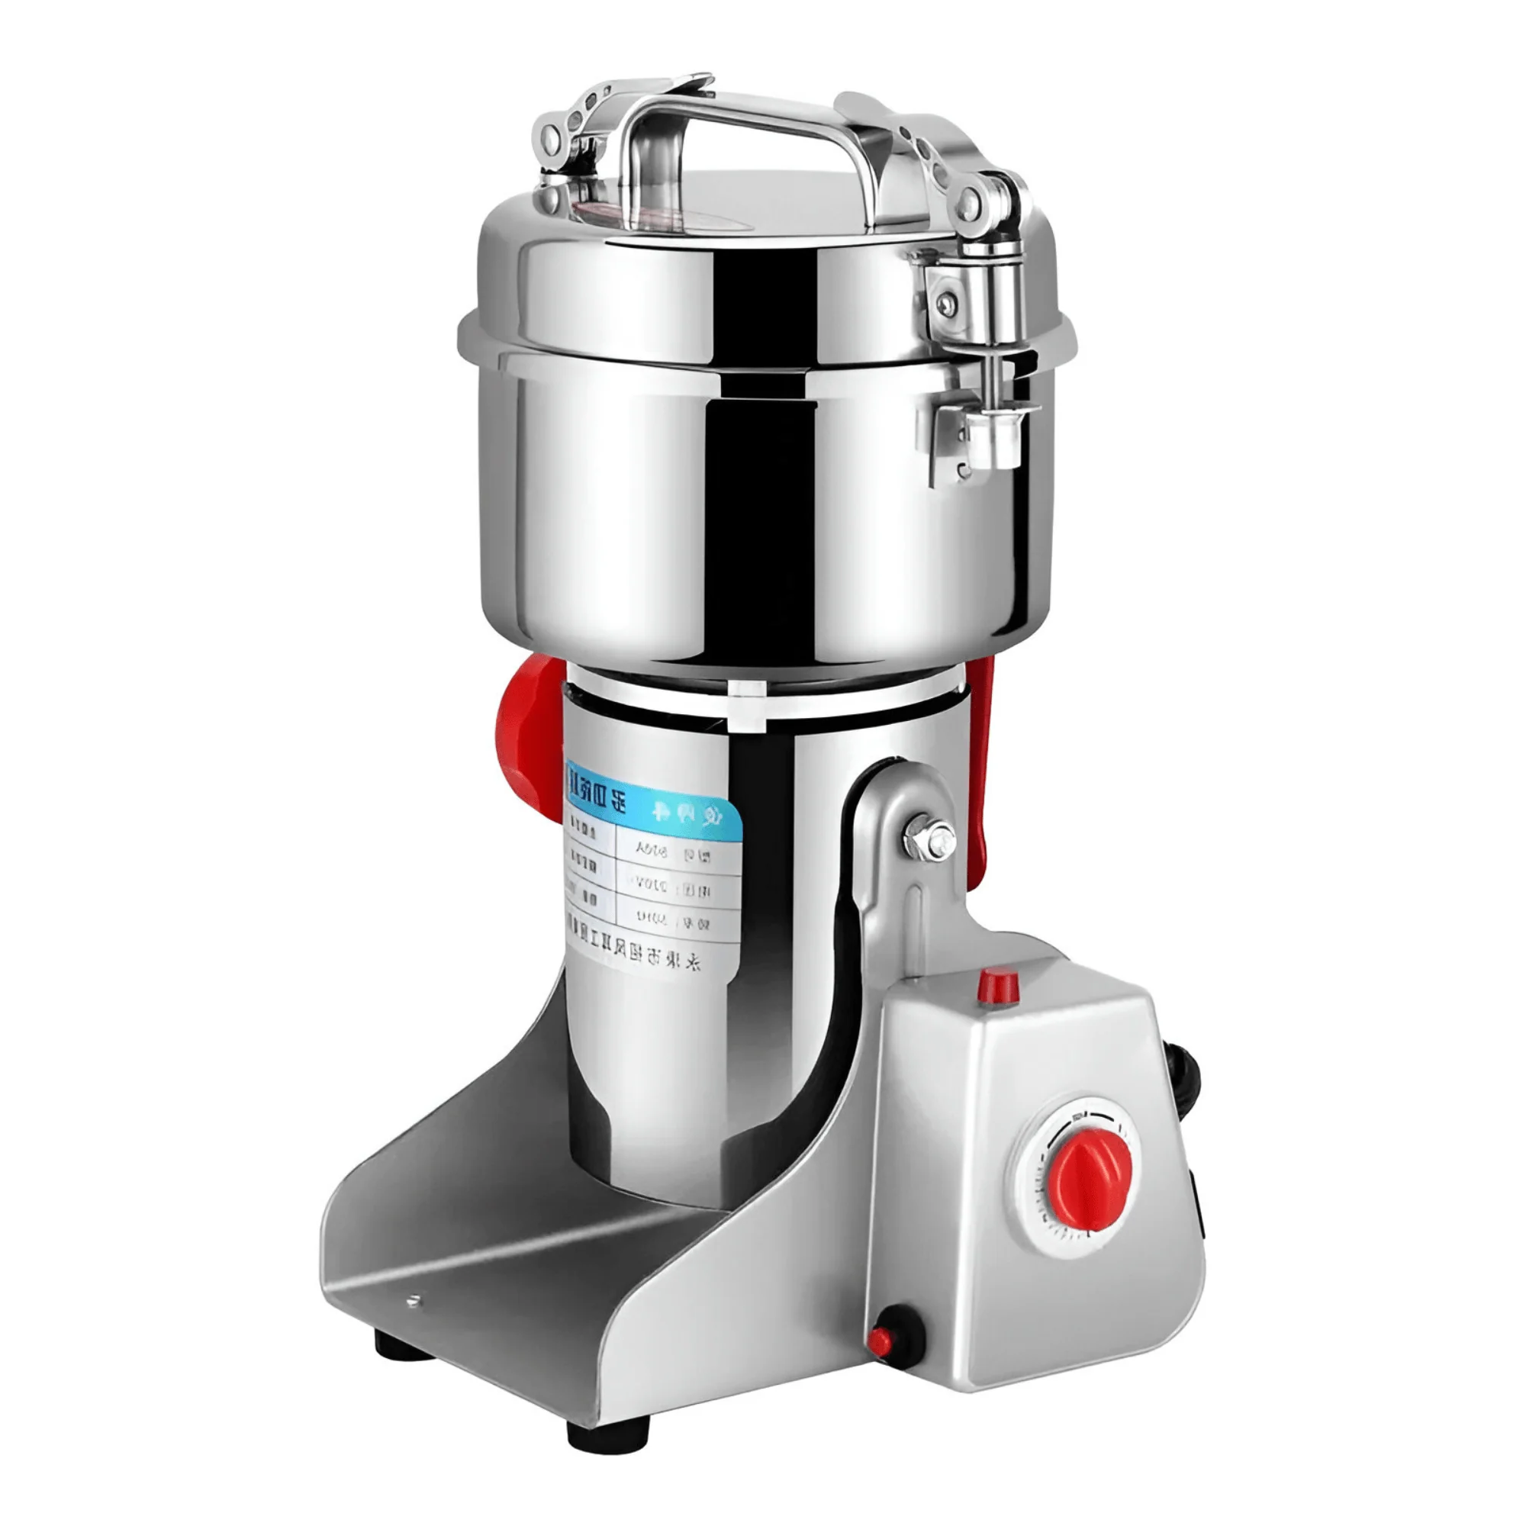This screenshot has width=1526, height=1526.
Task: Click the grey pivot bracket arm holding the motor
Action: tap(884, 908)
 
